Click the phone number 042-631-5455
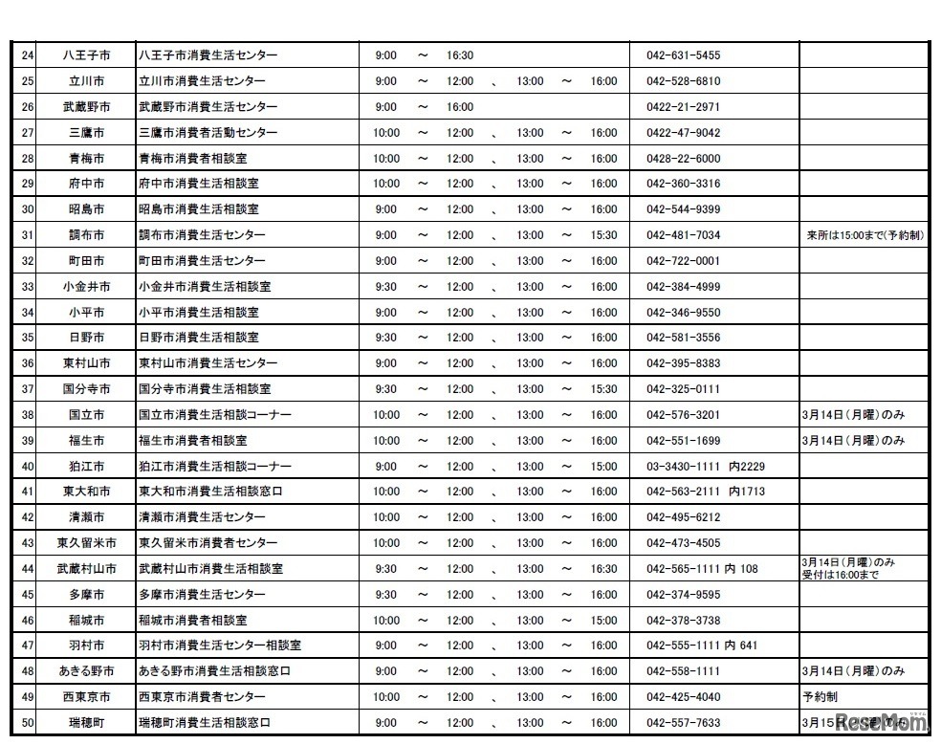[x=683, y=55]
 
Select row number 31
[x=27, y=235]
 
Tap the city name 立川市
[x=87, y=81]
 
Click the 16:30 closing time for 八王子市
[x=460, y=55]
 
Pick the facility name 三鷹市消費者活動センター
[x=208, y=133]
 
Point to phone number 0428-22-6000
[x=683, y=159]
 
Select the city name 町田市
[x=87, y=261]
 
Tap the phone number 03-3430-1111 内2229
[x=706, y=467]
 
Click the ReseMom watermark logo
[x=871, y=722]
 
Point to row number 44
[x=27, y=569]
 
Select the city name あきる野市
[x=87, y=671]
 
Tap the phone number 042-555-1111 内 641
[x=702, y=646]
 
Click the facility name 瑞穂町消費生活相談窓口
[x=205, y=723]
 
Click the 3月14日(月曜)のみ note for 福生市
[x=852, y=441]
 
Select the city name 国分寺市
[x=87, y=389]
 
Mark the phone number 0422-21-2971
[x=683, y=107]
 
